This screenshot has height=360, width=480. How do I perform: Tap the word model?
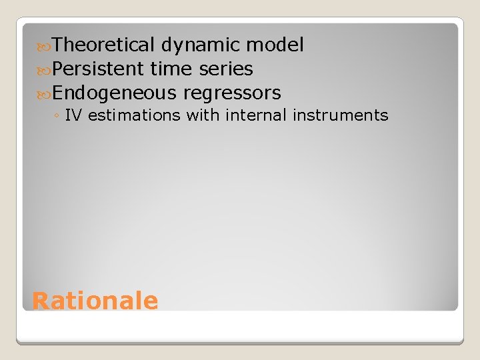(x=275, y=45)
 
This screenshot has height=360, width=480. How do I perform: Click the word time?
(x=170, y=69)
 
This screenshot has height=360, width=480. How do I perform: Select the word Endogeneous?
(x=114, y=93)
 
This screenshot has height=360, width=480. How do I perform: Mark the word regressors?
(x=232, y=93)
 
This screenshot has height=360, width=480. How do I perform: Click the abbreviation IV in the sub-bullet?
(x=73, y=115)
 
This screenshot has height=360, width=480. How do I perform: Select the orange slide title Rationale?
(x=95, y=301)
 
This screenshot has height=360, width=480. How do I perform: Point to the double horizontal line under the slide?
(x=240, y=341)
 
